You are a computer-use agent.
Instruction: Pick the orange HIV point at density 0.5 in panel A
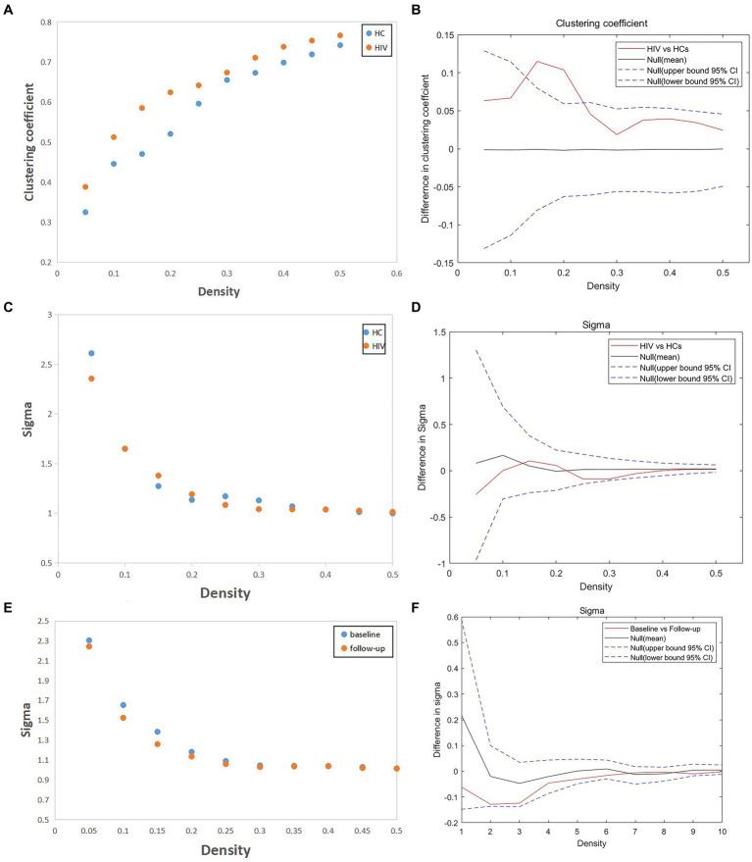[341, 35]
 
